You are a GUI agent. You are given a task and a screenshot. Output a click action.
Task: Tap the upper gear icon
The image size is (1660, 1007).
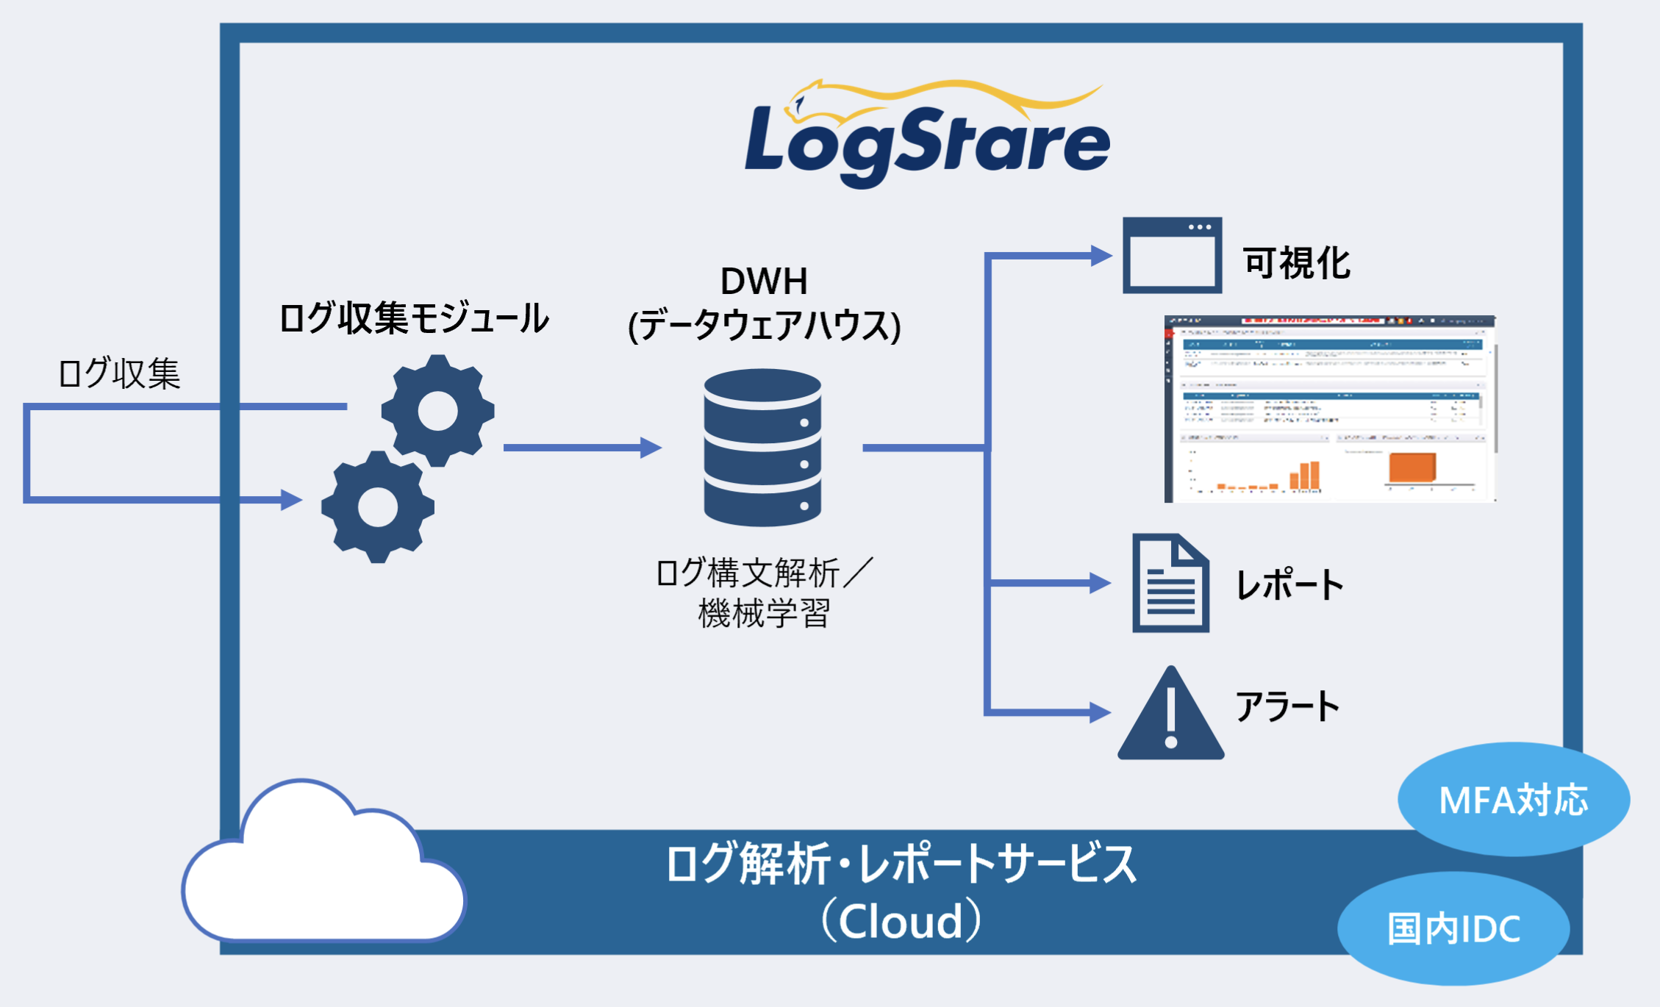click(438, 411)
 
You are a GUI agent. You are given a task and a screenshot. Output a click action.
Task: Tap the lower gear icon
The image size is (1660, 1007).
click(378, 507)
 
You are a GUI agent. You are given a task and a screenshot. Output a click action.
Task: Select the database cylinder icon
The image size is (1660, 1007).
click(762, 447)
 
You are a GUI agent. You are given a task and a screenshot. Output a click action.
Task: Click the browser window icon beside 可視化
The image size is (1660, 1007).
click(1172, 255)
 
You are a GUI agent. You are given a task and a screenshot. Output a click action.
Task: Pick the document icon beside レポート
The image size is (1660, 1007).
click(1170, 583)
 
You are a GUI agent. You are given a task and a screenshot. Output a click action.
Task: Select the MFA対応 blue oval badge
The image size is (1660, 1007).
click(1513, 800)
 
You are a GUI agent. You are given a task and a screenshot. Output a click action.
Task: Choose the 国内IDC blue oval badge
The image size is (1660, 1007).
click(1453, 928)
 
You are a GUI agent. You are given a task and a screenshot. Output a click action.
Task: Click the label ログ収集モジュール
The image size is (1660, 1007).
click(413, 318)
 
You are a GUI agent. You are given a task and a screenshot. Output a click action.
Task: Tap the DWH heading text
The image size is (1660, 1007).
click(764, 282)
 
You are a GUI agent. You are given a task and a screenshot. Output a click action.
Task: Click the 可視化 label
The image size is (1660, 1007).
click(1296, 263)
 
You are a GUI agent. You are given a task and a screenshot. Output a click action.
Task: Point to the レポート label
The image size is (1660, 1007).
click(1289, 585)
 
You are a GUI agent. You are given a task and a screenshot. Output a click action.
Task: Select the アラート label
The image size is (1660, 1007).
click(1287, 706)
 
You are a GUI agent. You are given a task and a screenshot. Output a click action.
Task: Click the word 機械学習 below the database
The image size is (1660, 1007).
click(764, 613)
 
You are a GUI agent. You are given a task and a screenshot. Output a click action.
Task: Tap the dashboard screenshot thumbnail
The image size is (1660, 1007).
click(1329, 409)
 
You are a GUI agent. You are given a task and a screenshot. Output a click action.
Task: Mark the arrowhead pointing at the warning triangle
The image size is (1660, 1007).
click(1099, 712)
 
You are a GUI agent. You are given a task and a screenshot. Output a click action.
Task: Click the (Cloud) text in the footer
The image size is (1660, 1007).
click(901, 921)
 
